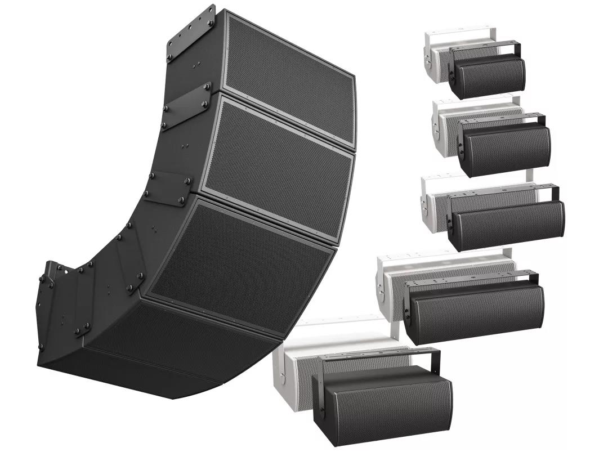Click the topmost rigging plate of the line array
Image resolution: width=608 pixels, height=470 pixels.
click(x=191, y=34)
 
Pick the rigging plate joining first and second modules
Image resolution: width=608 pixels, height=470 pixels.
click(x=186, y=107)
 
